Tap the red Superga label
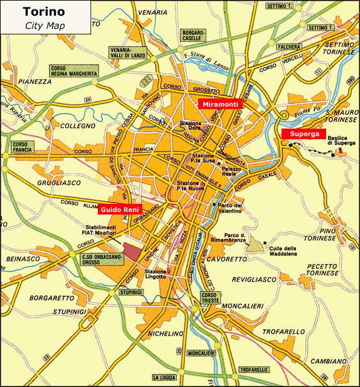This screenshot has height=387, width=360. click(x=304, y=134)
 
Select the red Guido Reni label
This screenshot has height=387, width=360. click(x=120, y=208)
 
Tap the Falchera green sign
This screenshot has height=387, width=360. click(x=287, y=46)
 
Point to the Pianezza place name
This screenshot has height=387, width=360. click(x=34, y=82)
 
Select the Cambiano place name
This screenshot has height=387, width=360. click(x=328, y=361)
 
